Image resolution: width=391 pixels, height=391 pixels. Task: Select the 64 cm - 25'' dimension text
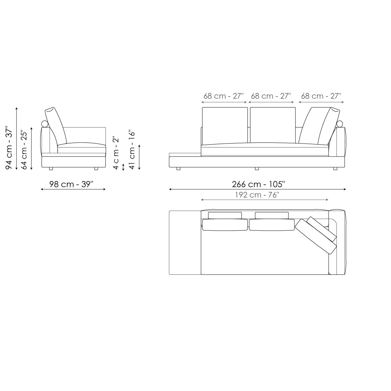[24, 150]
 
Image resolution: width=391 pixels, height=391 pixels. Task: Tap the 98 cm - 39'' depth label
[71, 184]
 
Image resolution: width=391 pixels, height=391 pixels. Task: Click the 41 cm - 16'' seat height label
[132, 150]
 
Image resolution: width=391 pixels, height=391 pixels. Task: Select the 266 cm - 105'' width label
[258, 184]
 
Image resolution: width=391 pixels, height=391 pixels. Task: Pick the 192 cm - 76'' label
[257, 195]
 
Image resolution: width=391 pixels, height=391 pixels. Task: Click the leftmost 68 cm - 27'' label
[223, 96]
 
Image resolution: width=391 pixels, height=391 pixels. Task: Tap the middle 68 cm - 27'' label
[271, 96]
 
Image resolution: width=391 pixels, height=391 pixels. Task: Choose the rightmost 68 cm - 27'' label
[321, 96]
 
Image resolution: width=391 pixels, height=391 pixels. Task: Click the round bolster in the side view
[45, 124]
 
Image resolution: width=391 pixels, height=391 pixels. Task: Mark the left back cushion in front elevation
[225, 125]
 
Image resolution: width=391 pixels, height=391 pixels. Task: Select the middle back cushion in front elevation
[273, 125]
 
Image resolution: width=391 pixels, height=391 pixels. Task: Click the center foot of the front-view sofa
[257, 169]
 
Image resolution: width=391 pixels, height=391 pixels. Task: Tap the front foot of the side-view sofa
[96, 169]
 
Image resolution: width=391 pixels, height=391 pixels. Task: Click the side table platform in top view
[185, 242]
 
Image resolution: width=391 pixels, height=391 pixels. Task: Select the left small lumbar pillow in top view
[225, 215]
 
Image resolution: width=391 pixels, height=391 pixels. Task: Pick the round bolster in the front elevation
[340, 124]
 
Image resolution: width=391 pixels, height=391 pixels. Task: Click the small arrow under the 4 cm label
[123, 167]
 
